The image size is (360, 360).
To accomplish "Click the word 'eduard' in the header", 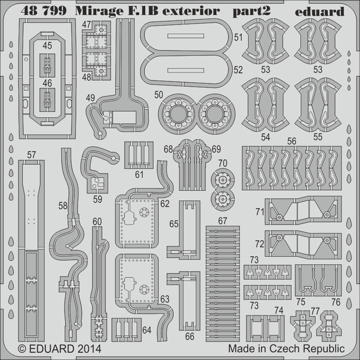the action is pos(320,11).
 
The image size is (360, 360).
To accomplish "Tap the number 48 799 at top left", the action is pos(44,11).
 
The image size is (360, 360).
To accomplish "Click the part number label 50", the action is pos(159,95).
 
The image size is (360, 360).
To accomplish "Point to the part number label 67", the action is pos(222,221).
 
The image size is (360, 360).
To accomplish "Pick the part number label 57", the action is pos(31,155).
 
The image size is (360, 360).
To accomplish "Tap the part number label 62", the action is pos(165,204).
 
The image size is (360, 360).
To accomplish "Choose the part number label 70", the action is pos(223,163).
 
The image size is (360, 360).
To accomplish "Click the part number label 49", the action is pos(90,98).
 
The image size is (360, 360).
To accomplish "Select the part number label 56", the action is pos(292,141).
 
